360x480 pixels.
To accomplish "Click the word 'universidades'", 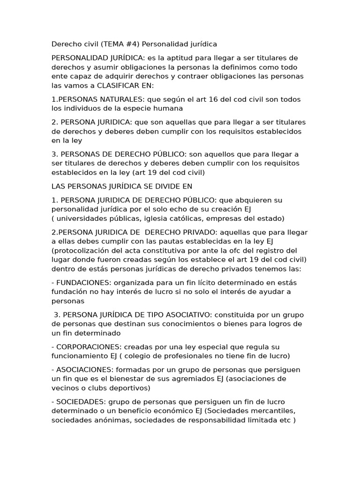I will click(82, 218).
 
